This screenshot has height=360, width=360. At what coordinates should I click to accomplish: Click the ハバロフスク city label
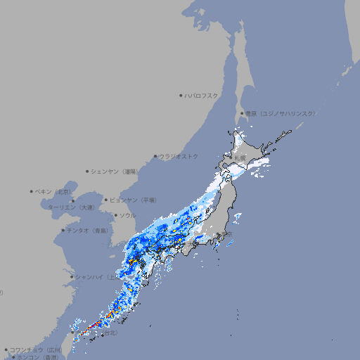coord(202,95)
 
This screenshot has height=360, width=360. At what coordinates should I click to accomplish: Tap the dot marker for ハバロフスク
coord(181,95)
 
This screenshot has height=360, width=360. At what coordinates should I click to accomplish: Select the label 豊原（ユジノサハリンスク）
coord(280,113)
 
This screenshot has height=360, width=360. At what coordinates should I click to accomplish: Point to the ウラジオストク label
coord(179,156)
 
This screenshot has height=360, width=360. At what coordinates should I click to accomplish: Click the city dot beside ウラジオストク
coord(155,157)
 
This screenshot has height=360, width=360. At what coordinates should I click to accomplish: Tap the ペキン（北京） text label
coord(53,191)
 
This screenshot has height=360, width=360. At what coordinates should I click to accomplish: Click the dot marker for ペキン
coord(32,191)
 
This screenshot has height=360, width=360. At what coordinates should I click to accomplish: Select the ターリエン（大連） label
coord(70,207)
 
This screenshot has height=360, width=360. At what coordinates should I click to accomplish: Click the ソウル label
coord(127,215)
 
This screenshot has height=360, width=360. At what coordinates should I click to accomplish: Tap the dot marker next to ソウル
coord(115,215)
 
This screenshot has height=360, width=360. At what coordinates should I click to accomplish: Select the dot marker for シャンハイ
coord(72,276)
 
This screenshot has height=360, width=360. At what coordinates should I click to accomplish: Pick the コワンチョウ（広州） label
coord(36,349)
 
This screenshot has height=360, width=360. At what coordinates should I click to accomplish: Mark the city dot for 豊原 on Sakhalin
coord(243,113)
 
